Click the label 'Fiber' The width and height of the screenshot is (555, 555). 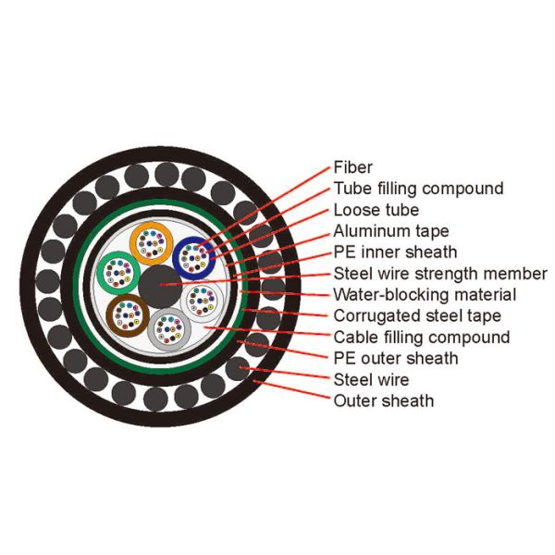pos(353,167)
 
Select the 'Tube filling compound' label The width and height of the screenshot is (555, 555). pos(418,189)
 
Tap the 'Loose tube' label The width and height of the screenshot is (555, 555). pos(376,210)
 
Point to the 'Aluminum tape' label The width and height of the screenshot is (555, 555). pos(391,231)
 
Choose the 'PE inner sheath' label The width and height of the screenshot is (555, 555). pos(395,253)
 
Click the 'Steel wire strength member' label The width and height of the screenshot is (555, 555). pos(440,274)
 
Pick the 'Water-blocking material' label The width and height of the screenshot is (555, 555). pos(425,295)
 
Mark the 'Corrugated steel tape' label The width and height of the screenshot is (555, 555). pos(417,316)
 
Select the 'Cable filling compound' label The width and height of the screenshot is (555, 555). pos(422,338)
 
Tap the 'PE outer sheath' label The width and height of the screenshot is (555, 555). pos(396,359)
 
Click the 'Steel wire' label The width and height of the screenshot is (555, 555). pos(371,380)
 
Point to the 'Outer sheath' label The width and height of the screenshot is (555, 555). pos(384,401)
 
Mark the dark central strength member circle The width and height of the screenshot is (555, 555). pos(160,287)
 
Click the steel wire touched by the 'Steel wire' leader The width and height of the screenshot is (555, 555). pos(238,369)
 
